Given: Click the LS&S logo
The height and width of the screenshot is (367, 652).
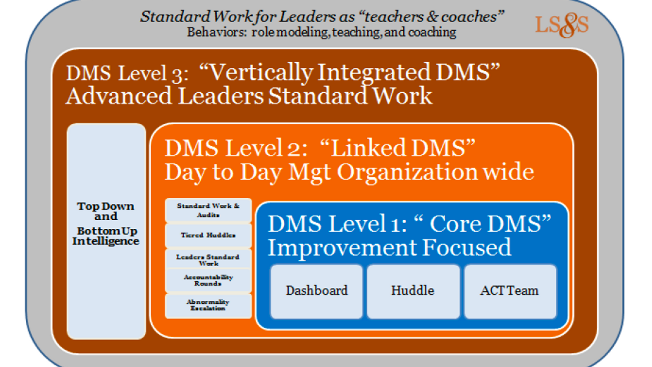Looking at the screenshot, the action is (562, 25).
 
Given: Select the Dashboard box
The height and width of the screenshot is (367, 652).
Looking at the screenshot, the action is (317, 292).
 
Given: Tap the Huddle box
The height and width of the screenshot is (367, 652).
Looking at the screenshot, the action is (413, 292).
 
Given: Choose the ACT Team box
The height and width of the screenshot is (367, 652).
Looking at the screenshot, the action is (510, 292).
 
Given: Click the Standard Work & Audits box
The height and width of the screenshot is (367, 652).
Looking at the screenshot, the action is (208, 211).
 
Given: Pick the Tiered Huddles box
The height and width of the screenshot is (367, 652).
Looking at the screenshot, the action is (208, 235).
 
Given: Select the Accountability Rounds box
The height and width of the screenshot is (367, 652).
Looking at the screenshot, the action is (208, 280).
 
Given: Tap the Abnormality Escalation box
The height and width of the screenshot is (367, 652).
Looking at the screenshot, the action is (208, 306).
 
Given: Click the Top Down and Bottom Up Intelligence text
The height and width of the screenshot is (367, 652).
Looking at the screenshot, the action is (106, 223).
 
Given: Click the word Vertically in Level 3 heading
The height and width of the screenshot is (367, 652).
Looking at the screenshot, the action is (261, 73).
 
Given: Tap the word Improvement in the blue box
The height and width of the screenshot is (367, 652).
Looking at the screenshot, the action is (342, 248).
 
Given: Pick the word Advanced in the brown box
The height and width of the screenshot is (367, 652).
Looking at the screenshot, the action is (119, 96).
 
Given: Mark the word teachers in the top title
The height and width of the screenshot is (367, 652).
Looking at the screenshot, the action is (394, 17).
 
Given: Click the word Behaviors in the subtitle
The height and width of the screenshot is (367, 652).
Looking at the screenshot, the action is (216, 32).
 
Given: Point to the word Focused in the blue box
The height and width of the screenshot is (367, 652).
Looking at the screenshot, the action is (466, 247).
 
